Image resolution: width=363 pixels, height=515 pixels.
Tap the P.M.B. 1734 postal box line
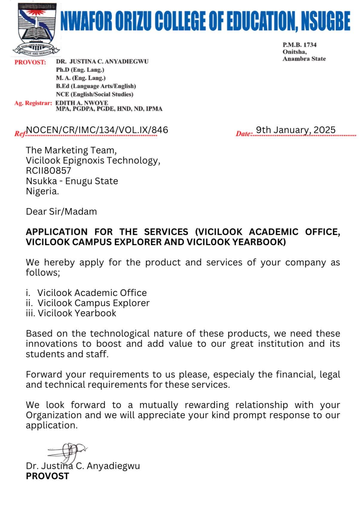coord(299,45)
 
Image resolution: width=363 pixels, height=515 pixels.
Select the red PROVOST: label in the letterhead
coord(30,62)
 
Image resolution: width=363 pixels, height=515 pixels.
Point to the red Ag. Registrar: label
coord(33,103)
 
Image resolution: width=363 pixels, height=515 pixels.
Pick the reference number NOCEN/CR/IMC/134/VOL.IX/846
coord(97,130)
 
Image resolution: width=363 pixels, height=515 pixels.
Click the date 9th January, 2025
coord(296,130)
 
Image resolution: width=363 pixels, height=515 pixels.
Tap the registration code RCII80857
coord(48,171)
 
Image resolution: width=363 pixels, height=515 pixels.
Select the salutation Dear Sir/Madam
coord(61,212)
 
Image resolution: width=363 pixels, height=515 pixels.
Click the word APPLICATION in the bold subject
coord(56,232)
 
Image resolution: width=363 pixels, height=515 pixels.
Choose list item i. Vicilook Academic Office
coord(86,293)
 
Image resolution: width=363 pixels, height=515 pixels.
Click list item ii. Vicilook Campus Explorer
coord(88,303)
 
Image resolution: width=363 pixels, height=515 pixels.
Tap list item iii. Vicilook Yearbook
coord(71,313)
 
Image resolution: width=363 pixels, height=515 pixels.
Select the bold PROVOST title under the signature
coord(48,476)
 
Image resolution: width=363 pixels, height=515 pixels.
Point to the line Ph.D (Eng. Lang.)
coord(80,70)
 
